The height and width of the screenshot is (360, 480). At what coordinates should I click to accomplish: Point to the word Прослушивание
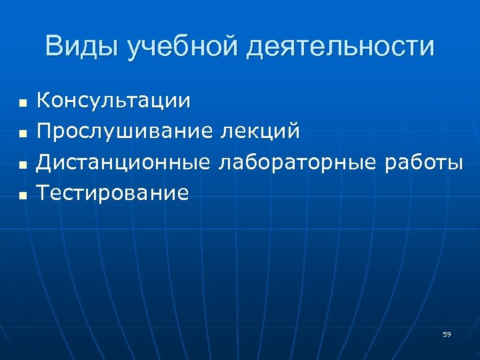(125, 131)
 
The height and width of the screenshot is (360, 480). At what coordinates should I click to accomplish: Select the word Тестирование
(113, 193)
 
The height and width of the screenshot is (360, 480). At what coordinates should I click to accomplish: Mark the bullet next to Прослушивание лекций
(22, 134)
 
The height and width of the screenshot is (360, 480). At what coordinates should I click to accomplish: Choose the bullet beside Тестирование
(22, 195)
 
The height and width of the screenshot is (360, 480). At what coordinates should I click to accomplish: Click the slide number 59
(447, 334)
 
